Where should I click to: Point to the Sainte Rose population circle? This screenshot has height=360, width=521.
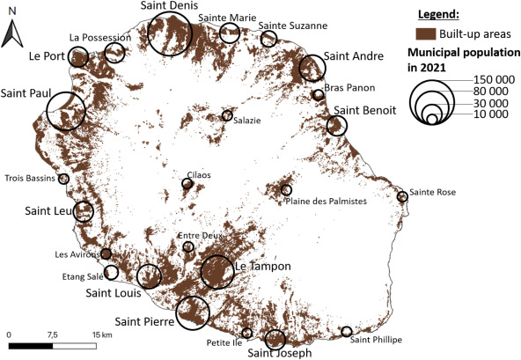402,197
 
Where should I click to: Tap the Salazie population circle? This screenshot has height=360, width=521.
227,115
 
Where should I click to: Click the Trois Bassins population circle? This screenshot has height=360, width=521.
63,179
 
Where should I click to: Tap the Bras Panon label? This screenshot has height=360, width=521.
349,87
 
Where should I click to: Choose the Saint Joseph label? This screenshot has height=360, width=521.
280,353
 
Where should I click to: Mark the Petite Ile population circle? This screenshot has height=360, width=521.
246,333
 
